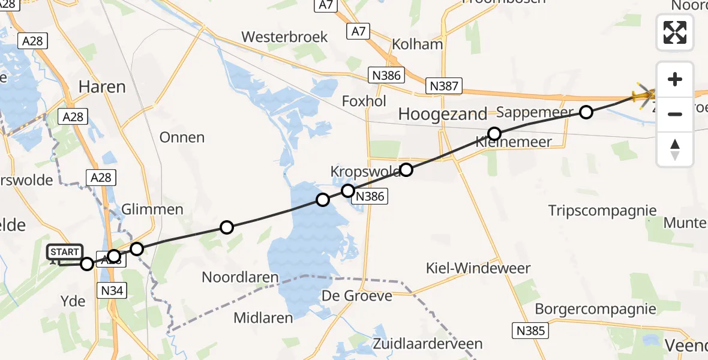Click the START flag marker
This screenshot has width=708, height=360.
pyautogui.click(x=64, y=253)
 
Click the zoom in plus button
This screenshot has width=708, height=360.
pyautogui.click(x=675, y=79)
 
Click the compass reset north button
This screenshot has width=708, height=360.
pyautogui.click(x=675, y=149)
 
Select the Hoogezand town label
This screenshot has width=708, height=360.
pyautogui.click(x=443, y=114)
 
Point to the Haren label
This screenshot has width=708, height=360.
pyautogui.click(x=102, y=87)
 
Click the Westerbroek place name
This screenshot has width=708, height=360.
pyautogui.click(x=284, y=37)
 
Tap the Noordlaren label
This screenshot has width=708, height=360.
pyautogui.click(x=241, y=278)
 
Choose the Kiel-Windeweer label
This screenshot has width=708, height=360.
pyautogui.click(x=478, y=268)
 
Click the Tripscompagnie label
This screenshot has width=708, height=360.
pyautogui.click(x=602, y=211)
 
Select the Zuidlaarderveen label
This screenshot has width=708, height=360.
pyautogui.click(x=427, y=344)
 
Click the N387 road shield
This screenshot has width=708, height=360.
pyautogui.click(x=444, y=86)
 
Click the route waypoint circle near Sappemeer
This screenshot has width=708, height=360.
pyautogui.click(x=586, y=112)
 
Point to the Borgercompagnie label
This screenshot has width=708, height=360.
pyautogui.click(x=595, y=309)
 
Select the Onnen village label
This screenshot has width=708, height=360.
pyautogui.click(x=182, y=137)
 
